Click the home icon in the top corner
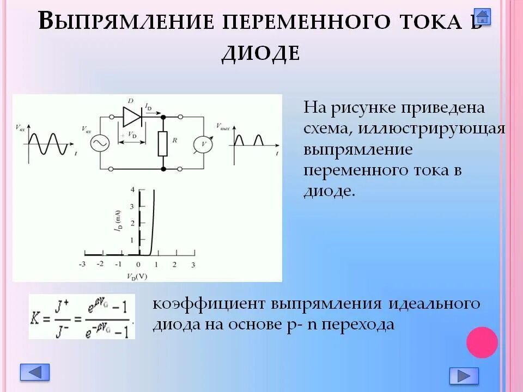coord(482,16)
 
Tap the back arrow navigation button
coord(35,372)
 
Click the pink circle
coord(482,342)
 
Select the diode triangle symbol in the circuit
coord(132,116)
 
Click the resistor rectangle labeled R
coord(163,143)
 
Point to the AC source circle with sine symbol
coord(100,143)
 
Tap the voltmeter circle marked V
coord(204,143)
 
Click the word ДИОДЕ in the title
coord(260,53)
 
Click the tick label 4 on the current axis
coord(131,189)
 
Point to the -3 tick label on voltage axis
coord(82,265)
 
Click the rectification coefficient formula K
coord(81,316)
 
